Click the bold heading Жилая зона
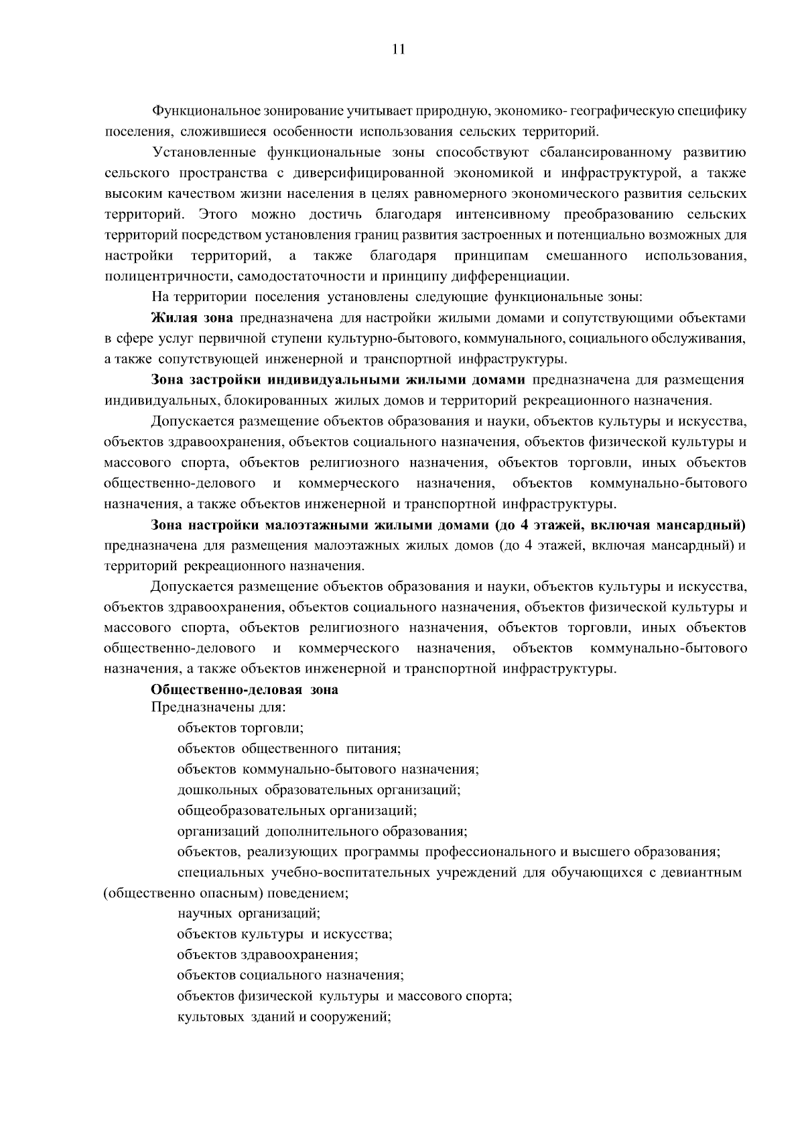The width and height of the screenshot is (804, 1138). tap(192, 318)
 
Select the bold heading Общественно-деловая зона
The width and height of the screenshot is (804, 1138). tap(245, 690)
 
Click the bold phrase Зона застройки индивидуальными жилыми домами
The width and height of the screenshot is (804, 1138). tap(338, 380)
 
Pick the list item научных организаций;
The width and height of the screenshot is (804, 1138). tap(249, 913)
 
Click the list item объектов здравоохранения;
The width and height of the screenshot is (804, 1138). tap(267, 955)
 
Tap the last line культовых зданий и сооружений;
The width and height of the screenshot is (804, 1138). tap(284, 1017)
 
